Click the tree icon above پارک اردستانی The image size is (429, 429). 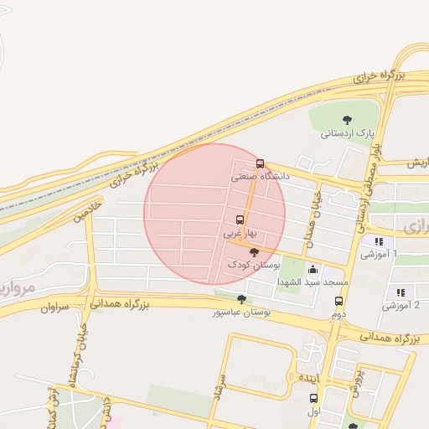pyautogui.click(x=348, y=120)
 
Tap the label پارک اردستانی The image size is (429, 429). pyautogui.click(x=347, y=133)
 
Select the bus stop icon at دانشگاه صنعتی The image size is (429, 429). pyautogui.click(x=260, y=164)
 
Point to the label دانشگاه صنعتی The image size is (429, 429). pyautogui.click(x=260, y=178)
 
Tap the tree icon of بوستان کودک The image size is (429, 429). pyautogui.click(x=254, y=251)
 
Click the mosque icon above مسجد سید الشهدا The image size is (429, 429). pyautogui.click(x=313, y=270)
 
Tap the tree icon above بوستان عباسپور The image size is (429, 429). pyautogui.click(x=242, y=299)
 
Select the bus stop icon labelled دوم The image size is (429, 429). pyautogui.click(x=339, y=302)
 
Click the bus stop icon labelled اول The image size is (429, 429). pyautogui.click(x=326, y=399)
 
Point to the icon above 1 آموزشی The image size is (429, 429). pyautogui.click(x=378, y=241)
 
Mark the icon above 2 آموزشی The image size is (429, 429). pyautogui.click(x=401, y=292)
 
